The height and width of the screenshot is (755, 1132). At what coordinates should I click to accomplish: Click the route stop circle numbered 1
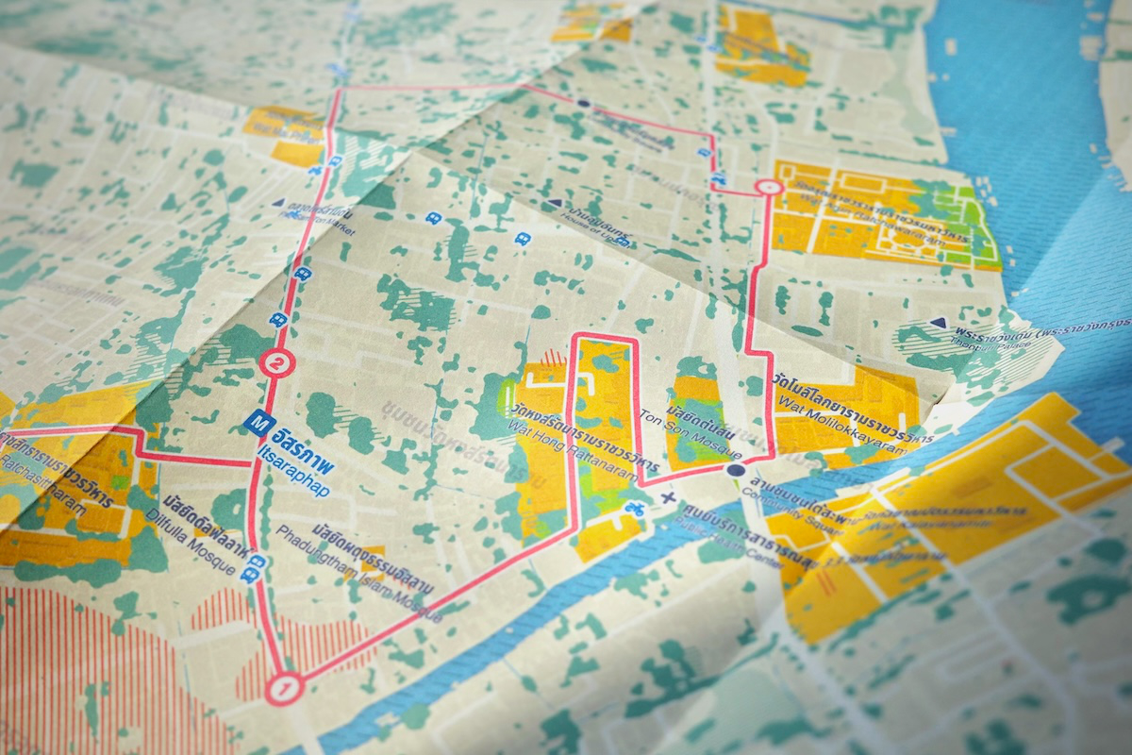point(282,689)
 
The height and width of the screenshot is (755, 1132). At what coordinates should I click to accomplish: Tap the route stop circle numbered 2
point(276,361)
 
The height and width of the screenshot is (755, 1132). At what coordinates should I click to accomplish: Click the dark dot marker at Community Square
point(736,470)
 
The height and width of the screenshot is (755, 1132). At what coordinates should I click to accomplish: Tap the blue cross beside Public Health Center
point(670,497)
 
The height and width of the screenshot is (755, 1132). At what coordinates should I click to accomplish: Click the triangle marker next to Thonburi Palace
point(937,323)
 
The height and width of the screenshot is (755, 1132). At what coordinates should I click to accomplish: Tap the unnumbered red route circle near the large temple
point(771,188)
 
